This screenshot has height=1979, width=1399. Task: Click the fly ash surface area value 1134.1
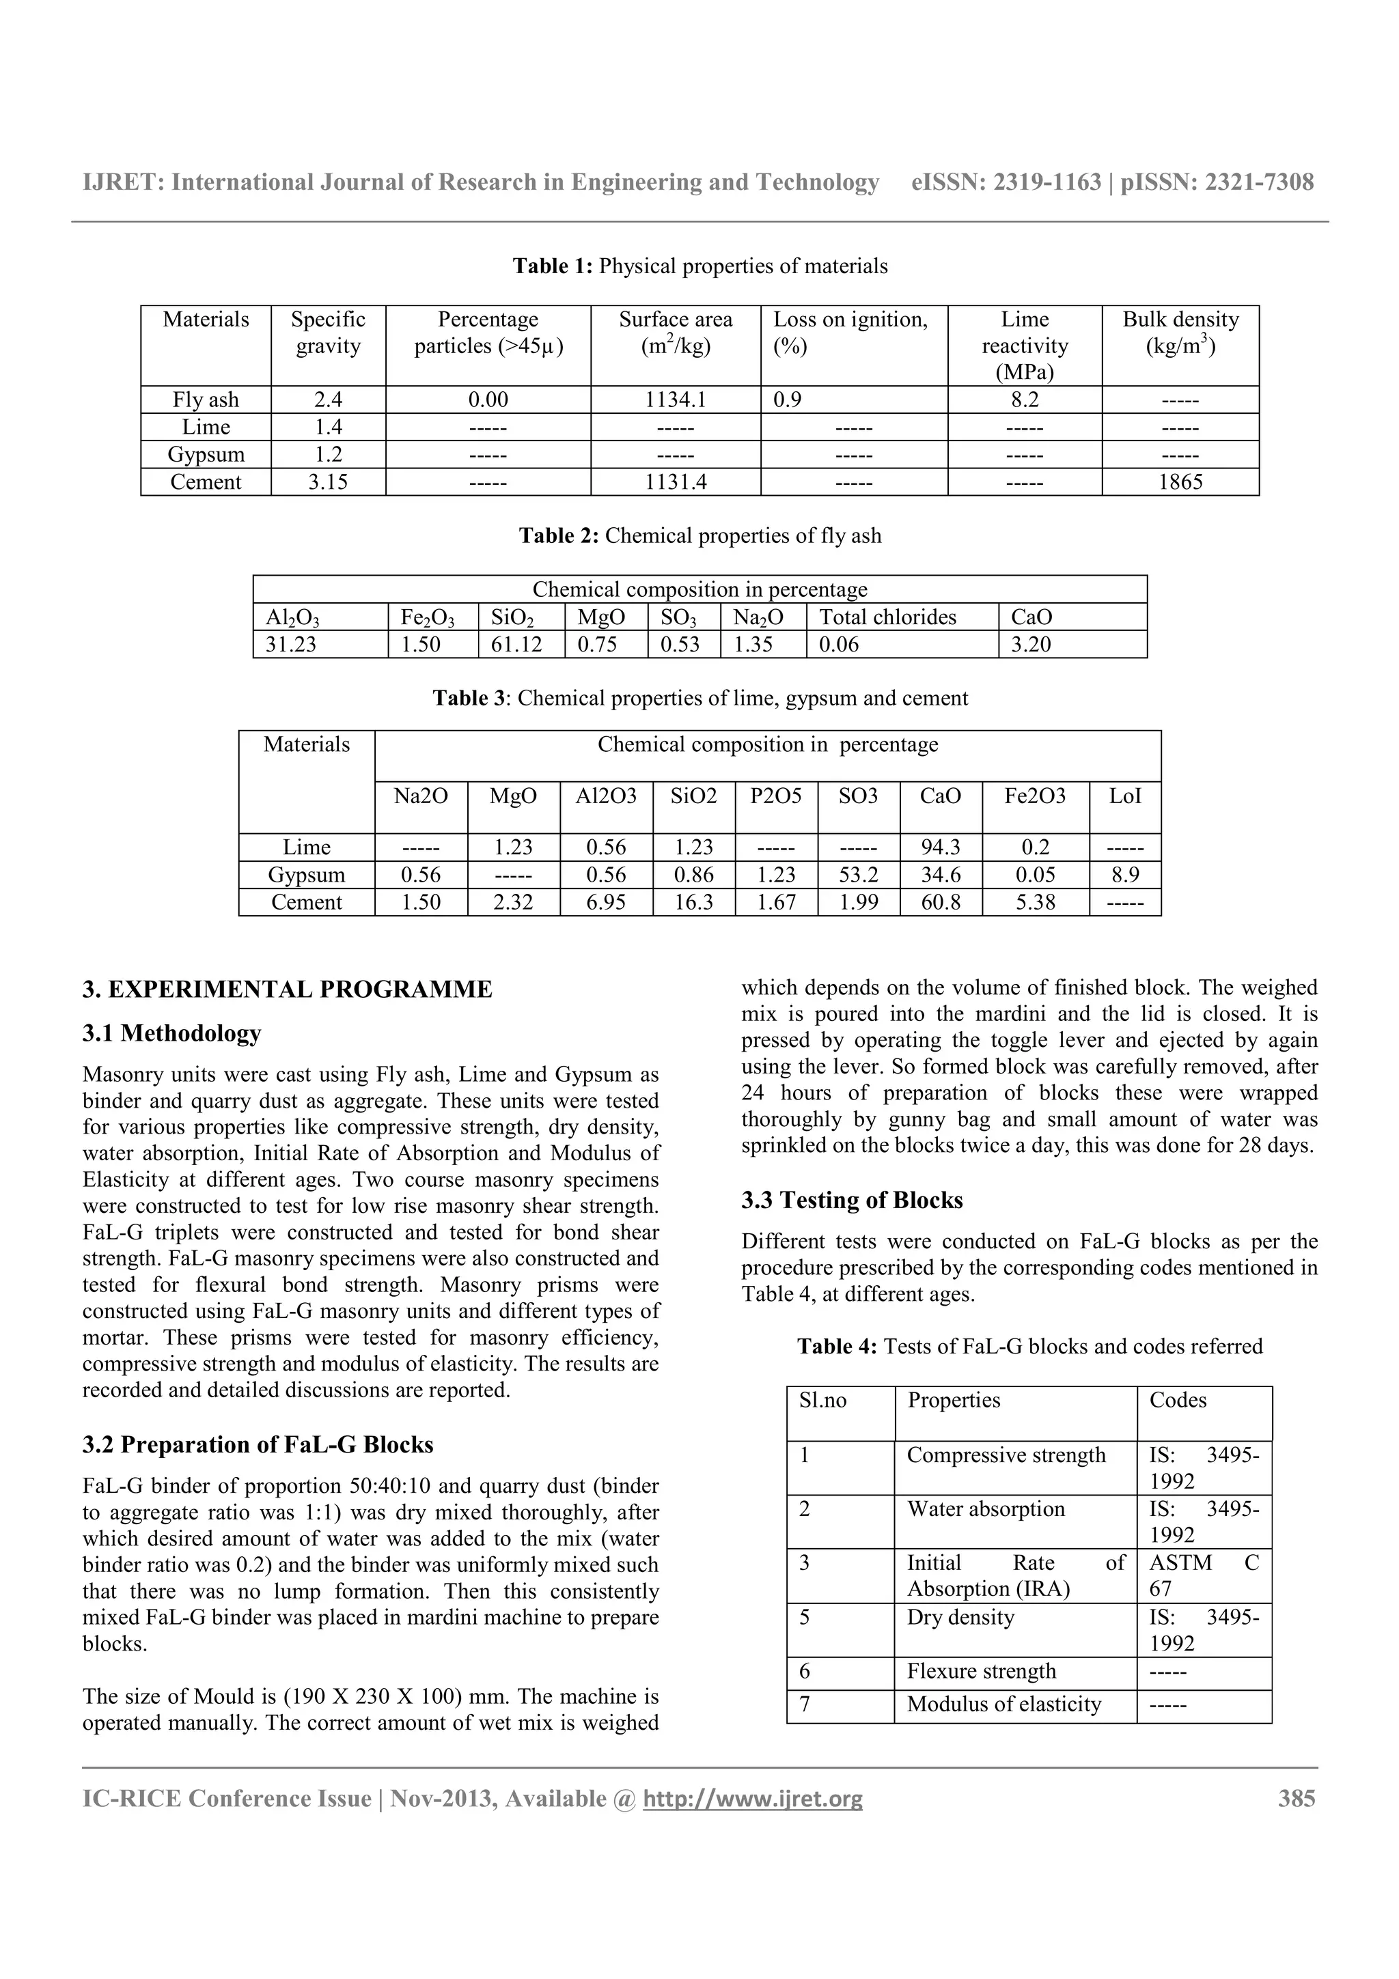pos(675,400)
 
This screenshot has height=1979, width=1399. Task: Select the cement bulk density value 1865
pos(1179,482)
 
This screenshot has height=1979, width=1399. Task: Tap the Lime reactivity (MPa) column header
pos(1024,345)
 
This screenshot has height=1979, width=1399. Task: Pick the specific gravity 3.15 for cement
pos(328,482)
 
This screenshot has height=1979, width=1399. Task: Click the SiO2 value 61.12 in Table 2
pos(516,645)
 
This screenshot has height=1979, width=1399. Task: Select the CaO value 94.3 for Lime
pos(939,847)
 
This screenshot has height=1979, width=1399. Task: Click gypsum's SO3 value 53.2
pos(858,875)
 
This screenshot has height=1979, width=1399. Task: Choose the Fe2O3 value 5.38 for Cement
pos(1034,903)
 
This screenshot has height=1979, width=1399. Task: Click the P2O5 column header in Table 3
pos(775,796)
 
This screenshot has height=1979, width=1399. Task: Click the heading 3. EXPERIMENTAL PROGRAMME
pos(287,989)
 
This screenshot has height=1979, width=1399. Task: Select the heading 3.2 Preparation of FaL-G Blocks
pos(258,1444)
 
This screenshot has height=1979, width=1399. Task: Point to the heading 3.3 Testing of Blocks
pos(852,1200)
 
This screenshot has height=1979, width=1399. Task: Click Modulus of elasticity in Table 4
pos(1003,1705)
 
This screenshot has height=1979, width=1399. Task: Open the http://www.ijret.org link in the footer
pos(753,1799)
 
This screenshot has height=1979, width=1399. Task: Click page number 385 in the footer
pos(1296,1799)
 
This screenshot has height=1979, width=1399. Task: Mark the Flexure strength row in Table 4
pos(981,1671)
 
